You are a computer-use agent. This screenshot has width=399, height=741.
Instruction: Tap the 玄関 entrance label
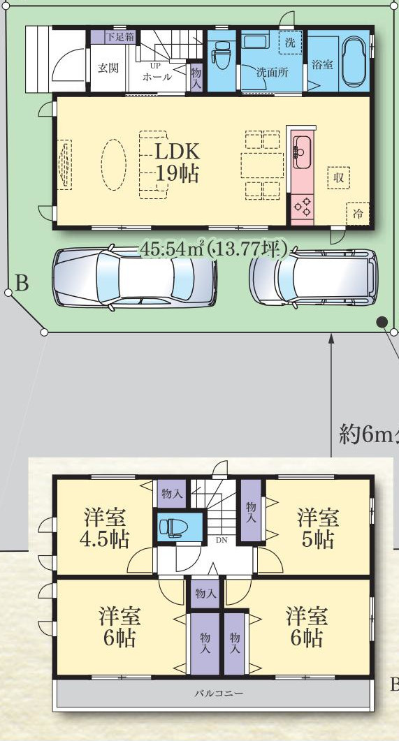108,68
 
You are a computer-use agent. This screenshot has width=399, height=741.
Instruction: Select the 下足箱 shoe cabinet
119,37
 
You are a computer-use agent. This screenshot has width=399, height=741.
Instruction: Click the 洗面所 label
273,73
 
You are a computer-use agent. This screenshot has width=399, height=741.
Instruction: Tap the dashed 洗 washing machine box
290,43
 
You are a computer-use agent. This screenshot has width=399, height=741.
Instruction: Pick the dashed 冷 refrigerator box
358,214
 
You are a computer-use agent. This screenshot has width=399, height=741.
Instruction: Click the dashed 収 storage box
338,177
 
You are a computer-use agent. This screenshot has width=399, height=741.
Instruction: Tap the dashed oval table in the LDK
114,164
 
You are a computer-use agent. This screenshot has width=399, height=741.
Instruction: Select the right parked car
314,277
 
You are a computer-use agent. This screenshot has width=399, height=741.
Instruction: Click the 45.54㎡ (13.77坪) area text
213,249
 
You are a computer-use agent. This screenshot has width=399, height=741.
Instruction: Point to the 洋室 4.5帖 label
106,528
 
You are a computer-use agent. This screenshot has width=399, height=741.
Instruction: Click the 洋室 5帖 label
318,528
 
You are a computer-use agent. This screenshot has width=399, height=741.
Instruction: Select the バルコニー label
219,694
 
